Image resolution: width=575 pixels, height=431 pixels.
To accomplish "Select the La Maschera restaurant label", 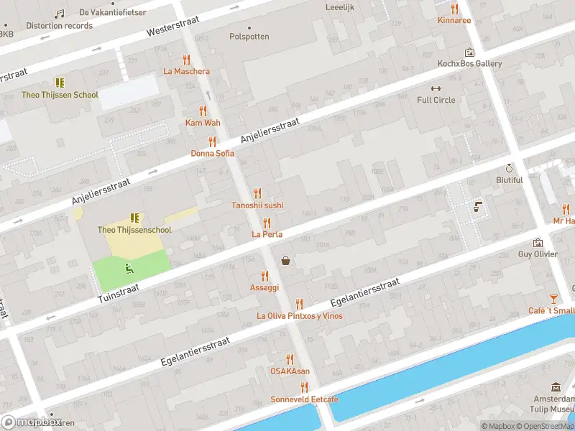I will pos(187,71).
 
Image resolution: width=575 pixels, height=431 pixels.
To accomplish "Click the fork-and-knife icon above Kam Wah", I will pos(203,111).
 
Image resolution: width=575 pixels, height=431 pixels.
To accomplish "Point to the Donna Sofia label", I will pos(212,153).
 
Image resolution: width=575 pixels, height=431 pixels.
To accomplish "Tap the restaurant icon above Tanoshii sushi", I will pos(257,193).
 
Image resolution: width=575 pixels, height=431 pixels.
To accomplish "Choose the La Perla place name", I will pos(267,234).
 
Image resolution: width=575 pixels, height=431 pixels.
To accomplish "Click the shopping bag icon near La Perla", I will pos(286,261).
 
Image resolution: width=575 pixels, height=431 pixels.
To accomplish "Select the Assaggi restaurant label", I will pos(264,287).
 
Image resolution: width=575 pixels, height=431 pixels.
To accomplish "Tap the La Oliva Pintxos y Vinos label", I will pos(300,316).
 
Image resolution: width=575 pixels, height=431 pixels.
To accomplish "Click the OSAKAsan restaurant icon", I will pos(290,359).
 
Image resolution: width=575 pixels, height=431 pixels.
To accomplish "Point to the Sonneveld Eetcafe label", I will pos(304,399).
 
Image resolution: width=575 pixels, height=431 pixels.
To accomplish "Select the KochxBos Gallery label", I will pos(470,63).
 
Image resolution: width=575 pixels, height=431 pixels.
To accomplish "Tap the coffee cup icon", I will pos(477,207).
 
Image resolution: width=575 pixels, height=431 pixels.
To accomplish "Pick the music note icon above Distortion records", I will pos(60,14).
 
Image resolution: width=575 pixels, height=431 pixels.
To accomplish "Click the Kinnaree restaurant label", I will pos(454,20).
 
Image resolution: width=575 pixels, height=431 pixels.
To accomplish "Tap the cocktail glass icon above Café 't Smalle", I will pos(553,299).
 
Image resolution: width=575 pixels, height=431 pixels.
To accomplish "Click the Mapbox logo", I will pos(32,422).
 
